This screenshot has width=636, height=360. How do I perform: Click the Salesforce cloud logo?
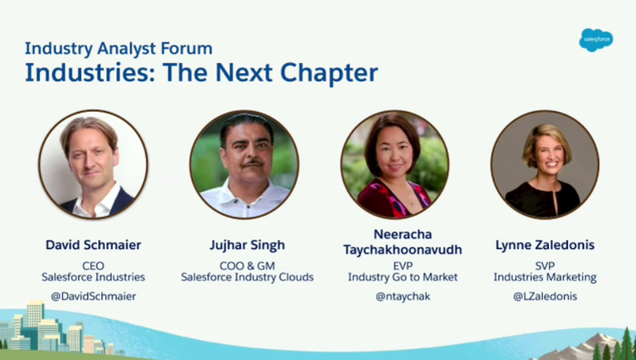595,39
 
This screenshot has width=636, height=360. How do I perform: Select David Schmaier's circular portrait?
93,164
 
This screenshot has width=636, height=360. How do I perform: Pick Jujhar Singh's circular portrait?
244,164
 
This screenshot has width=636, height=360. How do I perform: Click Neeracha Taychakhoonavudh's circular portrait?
395,164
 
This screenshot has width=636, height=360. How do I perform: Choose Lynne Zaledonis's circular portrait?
545,164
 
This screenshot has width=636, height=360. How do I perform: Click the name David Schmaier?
93,244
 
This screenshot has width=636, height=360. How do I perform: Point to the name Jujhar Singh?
247,244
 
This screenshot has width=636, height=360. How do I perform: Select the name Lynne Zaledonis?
545,244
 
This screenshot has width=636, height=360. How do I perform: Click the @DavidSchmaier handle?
93,296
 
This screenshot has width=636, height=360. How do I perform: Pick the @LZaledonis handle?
545,296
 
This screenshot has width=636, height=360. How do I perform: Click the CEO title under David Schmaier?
93,265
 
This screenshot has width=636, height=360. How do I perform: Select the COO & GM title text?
247,265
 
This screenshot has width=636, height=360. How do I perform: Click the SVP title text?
545,265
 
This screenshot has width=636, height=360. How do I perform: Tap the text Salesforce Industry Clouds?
247,277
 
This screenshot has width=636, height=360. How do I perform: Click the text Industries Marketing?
545,277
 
